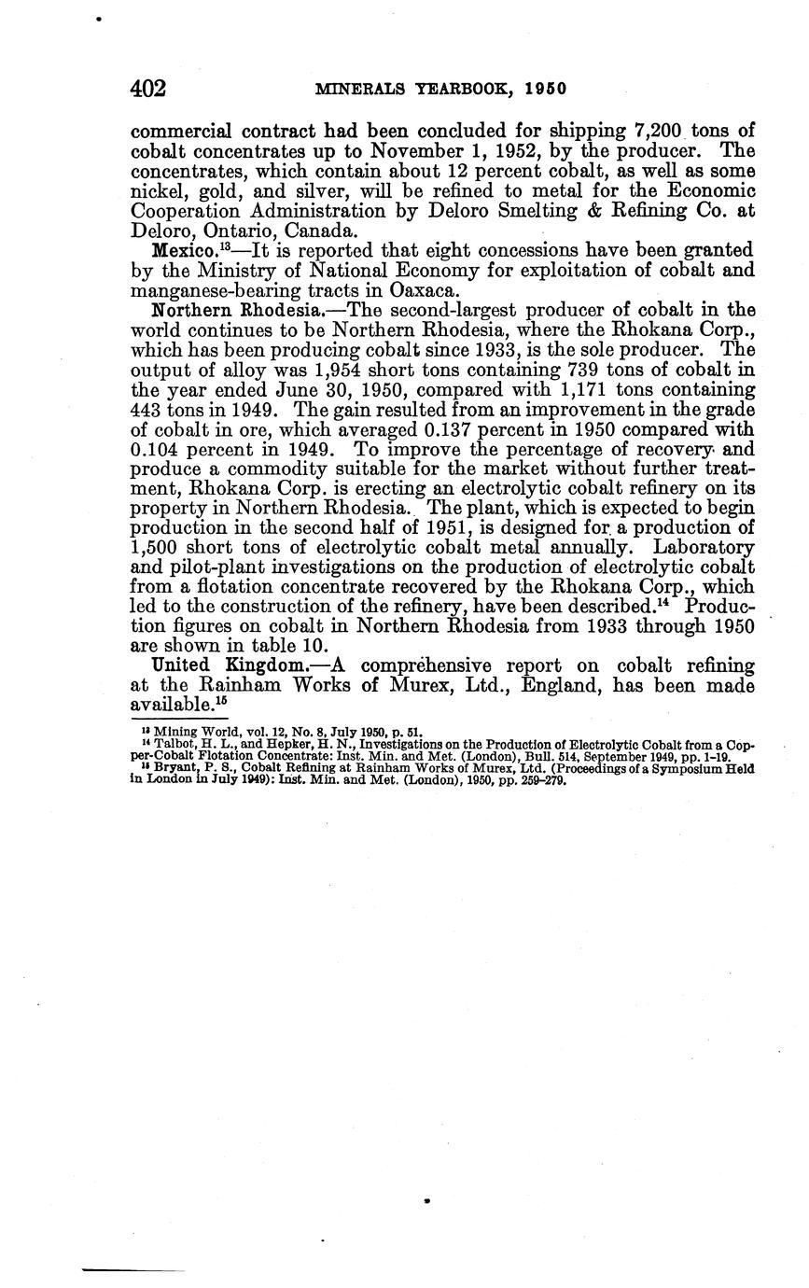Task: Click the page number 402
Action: (148, 89)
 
